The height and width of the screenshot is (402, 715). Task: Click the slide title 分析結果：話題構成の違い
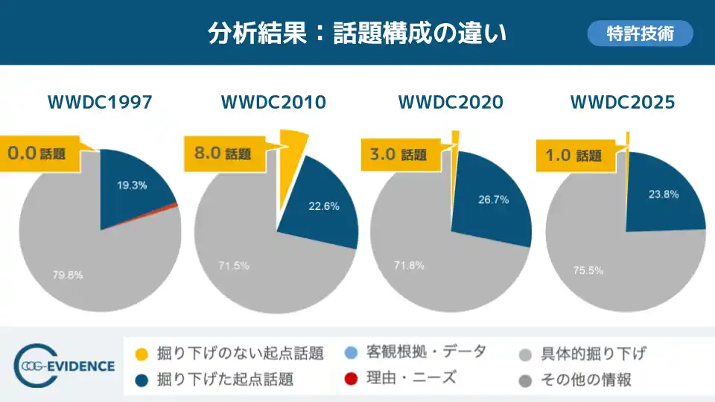point(357,33)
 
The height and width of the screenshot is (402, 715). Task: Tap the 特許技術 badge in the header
point(640,33)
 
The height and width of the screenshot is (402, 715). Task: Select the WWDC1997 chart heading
point(100,102)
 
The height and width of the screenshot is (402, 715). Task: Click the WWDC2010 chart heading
point(273,102)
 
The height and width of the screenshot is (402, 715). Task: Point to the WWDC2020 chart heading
point(451,102)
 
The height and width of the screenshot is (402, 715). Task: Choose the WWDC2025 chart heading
point(623,102)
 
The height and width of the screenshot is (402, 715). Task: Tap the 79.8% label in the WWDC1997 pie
point(68,275)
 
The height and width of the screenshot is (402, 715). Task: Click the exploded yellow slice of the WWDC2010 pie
point(291,171)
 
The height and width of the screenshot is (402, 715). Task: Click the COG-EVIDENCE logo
point(66,366)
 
